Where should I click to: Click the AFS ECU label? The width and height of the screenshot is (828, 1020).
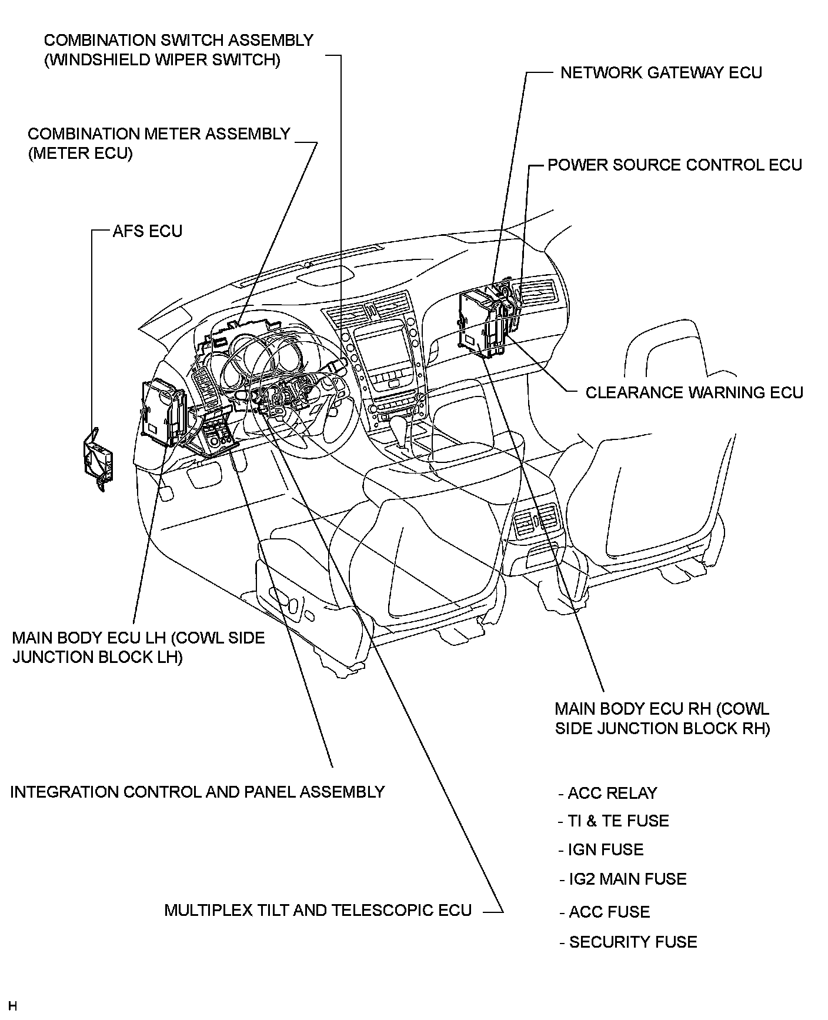(147, 231)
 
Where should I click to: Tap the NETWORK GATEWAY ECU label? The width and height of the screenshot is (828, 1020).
(661, 73)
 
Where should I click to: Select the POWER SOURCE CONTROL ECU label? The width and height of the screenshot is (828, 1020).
(675, 165)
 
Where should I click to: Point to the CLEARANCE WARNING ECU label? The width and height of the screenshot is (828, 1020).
(694, 392)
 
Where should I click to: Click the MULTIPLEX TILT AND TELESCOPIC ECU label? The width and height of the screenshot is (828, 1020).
(318, 911)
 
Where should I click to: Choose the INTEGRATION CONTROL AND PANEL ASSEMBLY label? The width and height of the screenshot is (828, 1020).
(197, 792)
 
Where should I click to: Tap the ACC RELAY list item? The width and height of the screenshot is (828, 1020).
(612, 794)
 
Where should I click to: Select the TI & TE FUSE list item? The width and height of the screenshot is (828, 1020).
(617, 821)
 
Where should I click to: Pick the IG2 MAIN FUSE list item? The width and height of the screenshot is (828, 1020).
(627, 879)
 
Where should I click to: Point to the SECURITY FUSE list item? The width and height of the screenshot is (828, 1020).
(632, 942)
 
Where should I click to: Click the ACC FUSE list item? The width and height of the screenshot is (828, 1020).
(609, 912)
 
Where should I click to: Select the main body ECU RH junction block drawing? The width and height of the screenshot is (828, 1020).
(482, 324)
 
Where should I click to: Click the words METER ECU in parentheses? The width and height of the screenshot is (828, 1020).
(80, 154)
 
